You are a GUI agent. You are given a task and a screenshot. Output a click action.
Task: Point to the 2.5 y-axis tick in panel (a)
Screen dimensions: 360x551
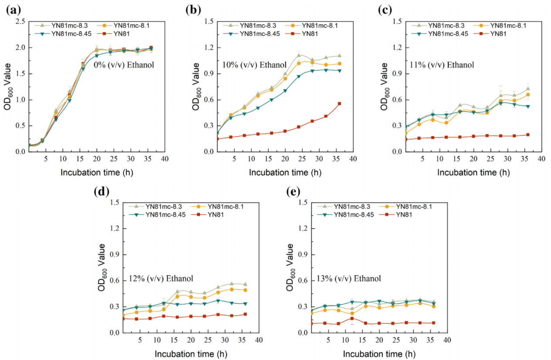20,21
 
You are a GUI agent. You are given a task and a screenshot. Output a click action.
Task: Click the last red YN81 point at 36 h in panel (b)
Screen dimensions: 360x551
339,104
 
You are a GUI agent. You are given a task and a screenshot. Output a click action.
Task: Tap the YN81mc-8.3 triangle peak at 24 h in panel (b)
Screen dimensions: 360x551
299,55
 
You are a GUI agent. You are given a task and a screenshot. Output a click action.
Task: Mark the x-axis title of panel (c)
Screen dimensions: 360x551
473,172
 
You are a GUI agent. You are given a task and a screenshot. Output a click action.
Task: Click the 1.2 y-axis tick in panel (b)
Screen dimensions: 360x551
209,47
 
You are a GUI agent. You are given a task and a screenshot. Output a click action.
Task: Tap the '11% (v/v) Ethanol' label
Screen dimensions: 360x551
442,65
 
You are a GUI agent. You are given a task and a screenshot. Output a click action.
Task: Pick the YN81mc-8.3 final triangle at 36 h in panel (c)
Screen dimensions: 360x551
527,89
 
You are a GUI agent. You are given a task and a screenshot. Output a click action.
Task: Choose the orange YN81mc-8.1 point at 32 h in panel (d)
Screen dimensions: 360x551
232,289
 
